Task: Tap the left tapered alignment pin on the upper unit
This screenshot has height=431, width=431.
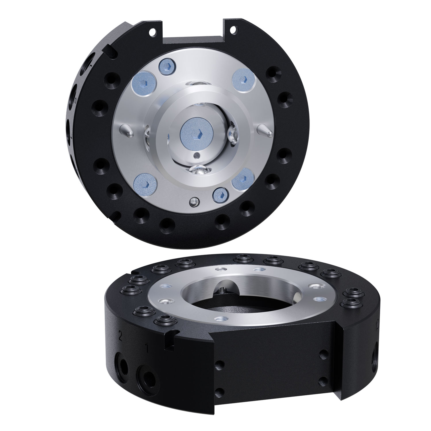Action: [x=127, y=130]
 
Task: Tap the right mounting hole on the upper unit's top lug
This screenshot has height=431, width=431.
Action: [x=234, y=29]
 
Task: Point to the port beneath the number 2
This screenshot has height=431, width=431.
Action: [x=123, y=363]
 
